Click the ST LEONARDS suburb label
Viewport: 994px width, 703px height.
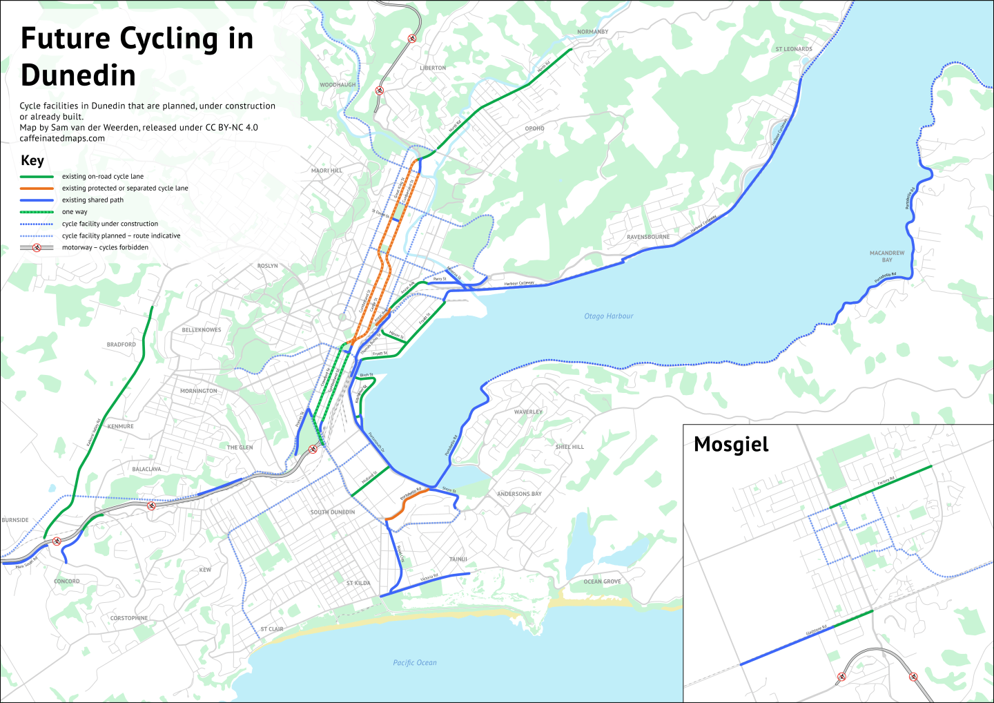[x=794, y=49]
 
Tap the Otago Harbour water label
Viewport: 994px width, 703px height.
[x=608, y=316]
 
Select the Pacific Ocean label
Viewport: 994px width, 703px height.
[x=414, y=663]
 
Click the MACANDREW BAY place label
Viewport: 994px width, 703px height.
[x=887, y=256]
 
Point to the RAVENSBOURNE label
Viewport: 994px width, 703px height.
[x=648, y=237]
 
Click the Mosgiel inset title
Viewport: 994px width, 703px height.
[x=731, y=445]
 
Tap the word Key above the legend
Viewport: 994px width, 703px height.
[x=32, y=160]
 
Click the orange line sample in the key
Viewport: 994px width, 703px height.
[x=37, y=188]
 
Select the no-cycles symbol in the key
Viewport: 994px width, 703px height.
[x=37, y=247]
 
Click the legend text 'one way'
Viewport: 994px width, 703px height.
[x=75, y=212]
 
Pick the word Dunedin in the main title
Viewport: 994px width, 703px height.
[x=78, y=75]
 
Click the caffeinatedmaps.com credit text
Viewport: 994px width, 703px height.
[x=62, y=138]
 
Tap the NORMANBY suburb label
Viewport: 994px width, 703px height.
[x=593, y=32]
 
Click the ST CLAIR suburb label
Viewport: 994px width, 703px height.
[x=272, y=629]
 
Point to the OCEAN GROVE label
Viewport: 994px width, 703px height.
[x=602, y=581]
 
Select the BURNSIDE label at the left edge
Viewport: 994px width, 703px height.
[x=15, y=520]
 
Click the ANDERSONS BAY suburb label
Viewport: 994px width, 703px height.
[x=519, y=494]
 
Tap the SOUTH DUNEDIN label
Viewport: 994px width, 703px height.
[x=333, y=512]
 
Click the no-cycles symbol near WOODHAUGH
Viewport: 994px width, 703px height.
[x=379, y=90]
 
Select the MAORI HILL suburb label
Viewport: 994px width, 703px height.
[x=327, y=171]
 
